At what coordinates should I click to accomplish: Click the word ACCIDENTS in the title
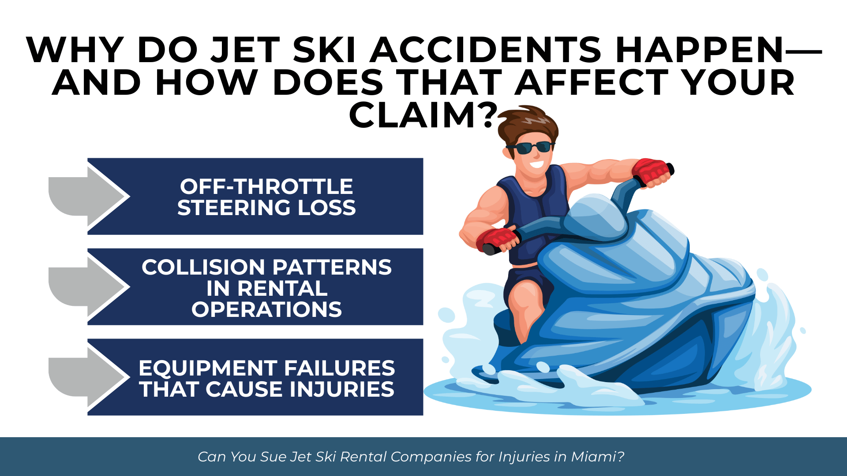[x=486, y=49]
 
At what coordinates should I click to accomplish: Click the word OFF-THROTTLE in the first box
[x=266, y=186]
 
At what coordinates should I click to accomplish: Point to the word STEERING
[x=234, y=208]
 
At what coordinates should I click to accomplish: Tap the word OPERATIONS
[x=266, y=309]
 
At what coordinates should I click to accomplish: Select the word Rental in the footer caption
[x=363, y=457]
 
